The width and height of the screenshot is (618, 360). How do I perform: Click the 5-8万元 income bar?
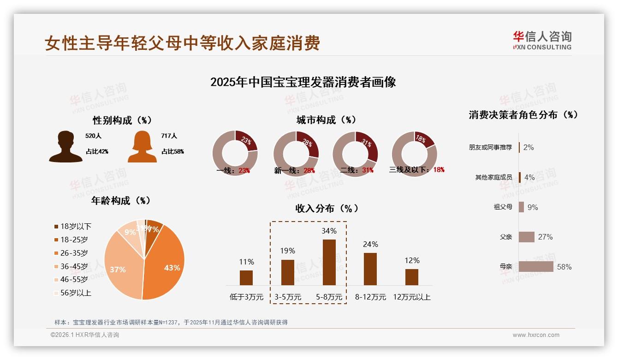pos(329,262)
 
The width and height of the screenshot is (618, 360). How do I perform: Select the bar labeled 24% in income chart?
pos(370,269)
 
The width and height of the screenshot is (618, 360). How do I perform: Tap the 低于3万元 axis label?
pos(246,297)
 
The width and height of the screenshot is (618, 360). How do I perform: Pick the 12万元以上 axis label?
pos(411,297)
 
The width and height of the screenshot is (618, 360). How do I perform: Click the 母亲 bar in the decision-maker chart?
pos(536,267)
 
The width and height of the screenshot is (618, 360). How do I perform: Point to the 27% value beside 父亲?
pos(545,237)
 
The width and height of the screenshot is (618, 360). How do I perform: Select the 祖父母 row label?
pos(503,207)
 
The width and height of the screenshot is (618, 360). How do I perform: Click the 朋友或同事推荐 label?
pos(490,148)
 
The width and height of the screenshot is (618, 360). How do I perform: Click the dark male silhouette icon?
pos(65,147)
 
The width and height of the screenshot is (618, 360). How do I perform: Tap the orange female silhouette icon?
pos(142,147)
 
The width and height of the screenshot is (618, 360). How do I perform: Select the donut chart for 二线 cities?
pos(355,154)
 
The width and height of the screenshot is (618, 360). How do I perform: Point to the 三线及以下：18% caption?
pos(417,170)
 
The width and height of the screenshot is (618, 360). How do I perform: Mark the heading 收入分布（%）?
pos(327,209)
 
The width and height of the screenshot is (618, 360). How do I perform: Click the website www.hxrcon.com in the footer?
pos(536,335)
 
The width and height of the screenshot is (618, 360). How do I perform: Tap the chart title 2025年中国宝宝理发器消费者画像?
pos(303,83)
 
